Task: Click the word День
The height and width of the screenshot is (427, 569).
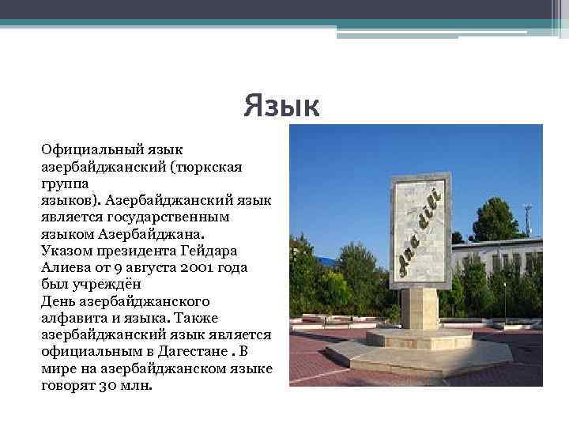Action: pyautogui.click(x=57, y=301)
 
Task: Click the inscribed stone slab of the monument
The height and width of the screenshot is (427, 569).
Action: pyautogui.click(x=420, y=229)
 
